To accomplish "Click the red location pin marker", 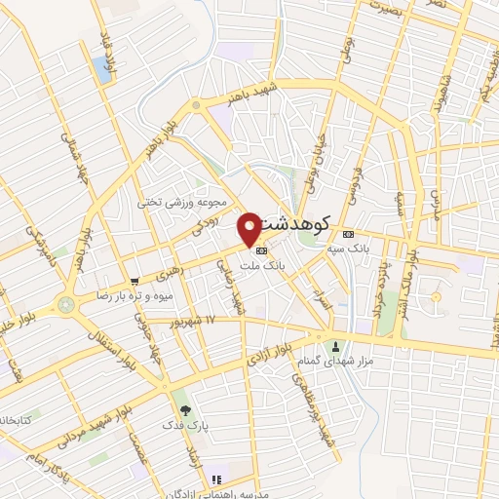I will pyautogui.click(x=249, y=228).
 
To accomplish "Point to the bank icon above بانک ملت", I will pyautogui.click(x=258, y=249).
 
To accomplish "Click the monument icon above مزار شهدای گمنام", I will pyautogui.click(x=337, y=346).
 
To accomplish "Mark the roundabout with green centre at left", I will pyautogui.click(x=65, y=304).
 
